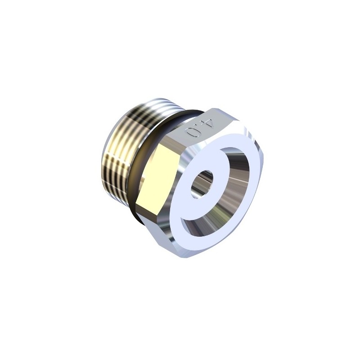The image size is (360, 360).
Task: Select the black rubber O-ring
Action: (147, 161)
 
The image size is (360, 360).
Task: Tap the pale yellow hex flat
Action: (156, 175)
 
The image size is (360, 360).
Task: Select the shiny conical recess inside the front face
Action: (220, 190)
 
